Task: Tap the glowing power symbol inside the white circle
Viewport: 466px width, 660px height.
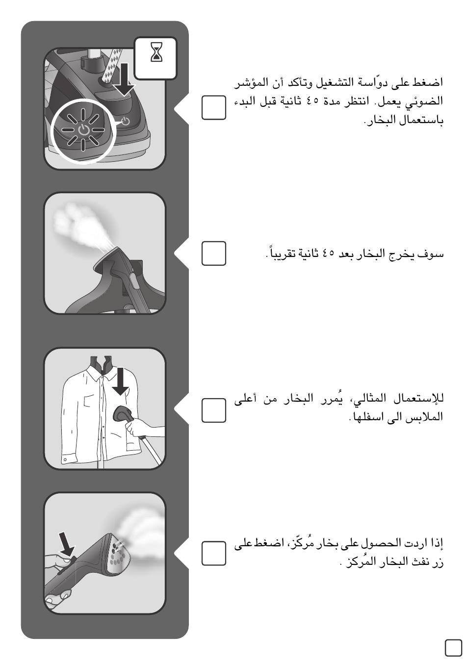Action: [x=83, y=130]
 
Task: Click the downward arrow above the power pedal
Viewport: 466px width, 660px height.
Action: [x=124, y=79]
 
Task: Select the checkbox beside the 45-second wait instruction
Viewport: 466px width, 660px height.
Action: [x=214, y=107]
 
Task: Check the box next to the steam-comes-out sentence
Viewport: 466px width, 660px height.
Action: [x=214, y=254]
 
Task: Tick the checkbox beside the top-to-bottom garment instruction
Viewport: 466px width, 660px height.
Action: [x=214, y=410]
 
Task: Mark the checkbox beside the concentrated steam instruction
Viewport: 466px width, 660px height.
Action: [x=214, y=553]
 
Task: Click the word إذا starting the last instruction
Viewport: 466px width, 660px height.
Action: [x=437, y=543]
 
